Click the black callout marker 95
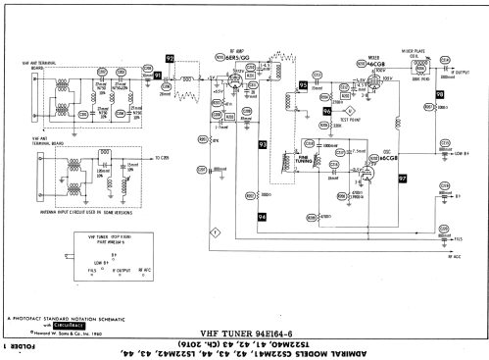pos(303,84)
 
